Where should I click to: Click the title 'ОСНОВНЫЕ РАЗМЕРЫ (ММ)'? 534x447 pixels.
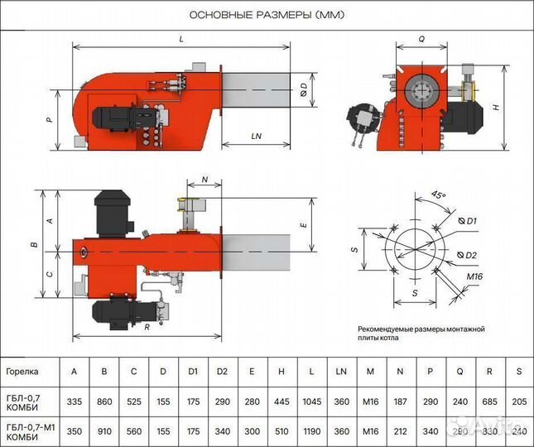(267, 16)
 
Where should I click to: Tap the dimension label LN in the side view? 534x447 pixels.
(256, 135)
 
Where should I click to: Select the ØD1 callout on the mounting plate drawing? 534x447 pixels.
(468, 222)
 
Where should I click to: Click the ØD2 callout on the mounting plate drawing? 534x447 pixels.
(468, 254)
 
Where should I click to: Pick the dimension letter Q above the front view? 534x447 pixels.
(421, 39)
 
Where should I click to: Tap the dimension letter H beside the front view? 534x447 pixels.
(495, 108)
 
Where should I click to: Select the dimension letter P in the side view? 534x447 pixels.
(49, 120)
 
